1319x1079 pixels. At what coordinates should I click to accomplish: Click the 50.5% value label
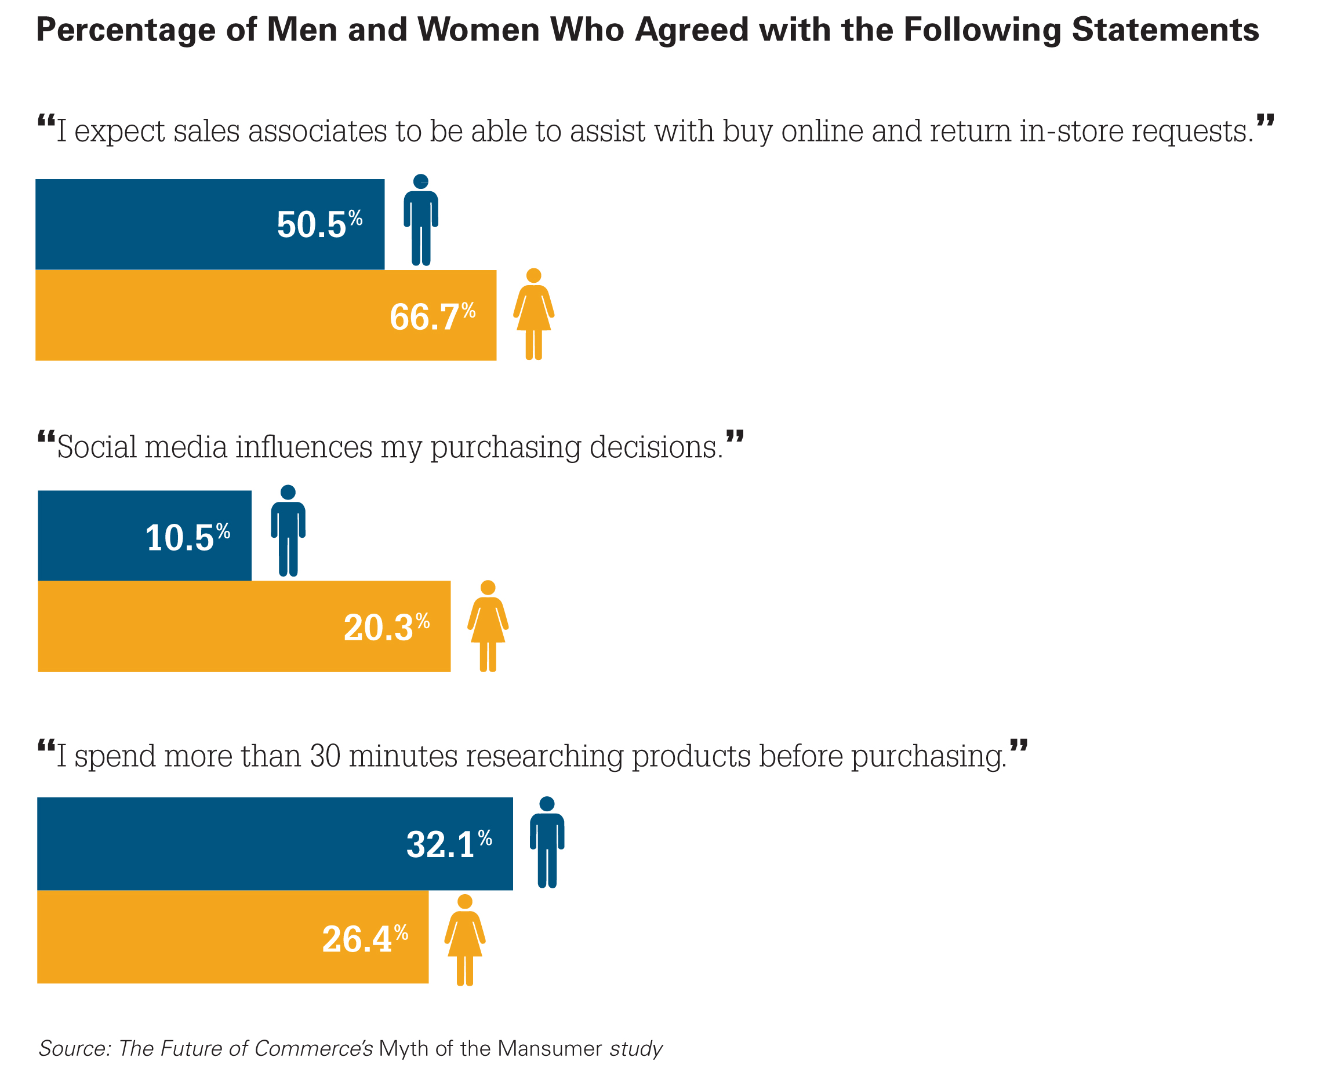click(x=319, y=224)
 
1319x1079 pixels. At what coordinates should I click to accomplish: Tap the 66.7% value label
click(x=432, y=316)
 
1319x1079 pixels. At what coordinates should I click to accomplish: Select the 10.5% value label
click(x=187, y=538)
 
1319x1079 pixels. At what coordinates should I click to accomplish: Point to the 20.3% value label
click(x=386, y=627)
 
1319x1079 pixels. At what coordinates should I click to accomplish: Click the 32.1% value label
click(x=449, y=845)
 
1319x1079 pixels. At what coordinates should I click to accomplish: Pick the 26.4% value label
click(x=365, y=939)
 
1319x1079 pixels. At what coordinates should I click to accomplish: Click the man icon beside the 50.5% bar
click(x=421, y=220)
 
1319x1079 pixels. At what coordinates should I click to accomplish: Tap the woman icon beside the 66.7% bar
click(x=533, y=314)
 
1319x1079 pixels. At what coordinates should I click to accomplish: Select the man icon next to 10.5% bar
click(x=288, y=531)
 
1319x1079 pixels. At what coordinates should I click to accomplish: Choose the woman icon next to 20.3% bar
click(x=488, y=626)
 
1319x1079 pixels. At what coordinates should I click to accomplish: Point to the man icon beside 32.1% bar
click(x=547, y=842)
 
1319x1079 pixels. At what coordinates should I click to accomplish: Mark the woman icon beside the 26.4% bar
click(x=464, y=939)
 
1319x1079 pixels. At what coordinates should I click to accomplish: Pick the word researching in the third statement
click(x=545, y=757)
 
